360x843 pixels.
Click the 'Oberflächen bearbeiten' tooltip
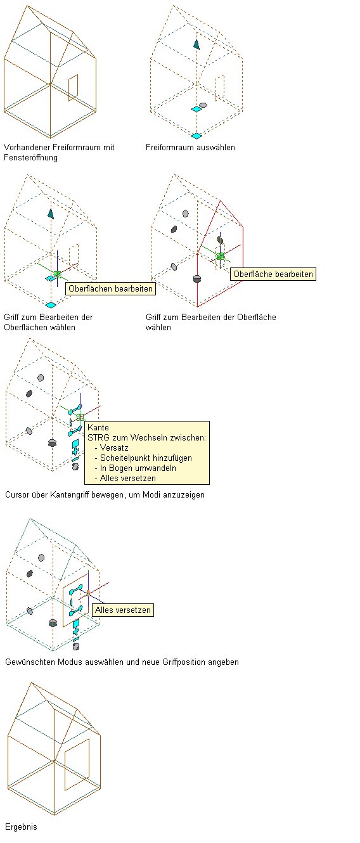(x=110, y=288)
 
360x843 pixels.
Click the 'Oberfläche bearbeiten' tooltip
(x=273, y=274)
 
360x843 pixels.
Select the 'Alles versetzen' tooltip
(x=122, y=610)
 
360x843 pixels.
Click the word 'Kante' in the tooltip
(x=98, y=427)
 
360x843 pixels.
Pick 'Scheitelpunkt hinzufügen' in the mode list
(x=146, y=458)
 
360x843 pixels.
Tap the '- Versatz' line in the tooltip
(x=112, y=448)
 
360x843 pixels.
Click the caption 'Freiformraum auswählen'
(x=190, y=148)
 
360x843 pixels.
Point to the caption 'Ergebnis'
(x=21, y=827)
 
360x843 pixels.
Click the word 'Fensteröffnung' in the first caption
(x=31, y=158)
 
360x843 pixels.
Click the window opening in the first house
(x=74, y=87)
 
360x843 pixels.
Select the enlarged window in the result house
(x=77, y=764)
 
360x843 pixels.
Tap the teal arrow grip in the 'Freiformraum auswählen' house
(x=196, y=44)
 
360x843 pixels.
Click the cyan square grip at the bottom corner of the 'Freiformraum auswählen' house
(x=196, y=136)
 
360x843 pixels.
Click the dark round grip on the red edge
(x=197, y=278)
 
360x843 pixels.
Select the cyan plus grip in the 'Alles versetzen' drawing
(x=76, y=631)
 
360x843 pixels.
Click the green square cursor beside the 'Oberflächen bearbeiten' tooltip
(x=57, y=274)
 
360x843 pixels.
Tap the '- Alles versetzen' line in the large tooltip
(x=125, y=479)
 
